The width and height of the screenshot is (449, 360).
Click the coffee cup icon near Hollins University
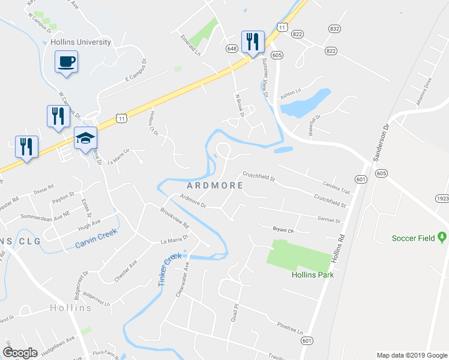tap(67, 61)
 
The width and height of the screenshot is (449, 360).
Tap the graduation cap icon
tap(85, 138)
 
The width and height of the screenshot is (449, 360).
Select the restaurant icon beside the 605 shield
tap(252, 41)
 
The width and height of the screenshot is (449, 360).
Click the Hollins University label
tap(82, 42)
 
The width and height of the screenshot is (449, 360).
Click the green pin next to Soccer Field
tap(442, 238)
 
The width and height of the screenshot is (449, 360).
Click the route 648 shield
tap(232, 47)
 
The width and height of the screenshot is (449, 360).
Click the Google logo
tap(20, 352)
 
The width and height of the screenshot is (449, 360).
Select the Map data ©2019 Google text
tap(411, 355)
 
